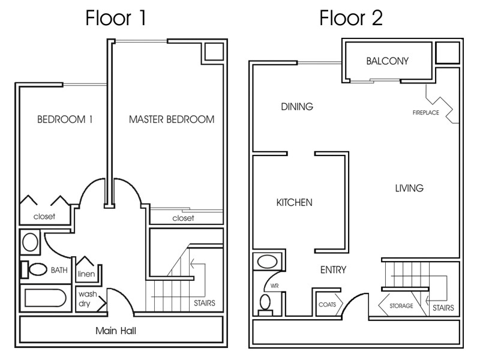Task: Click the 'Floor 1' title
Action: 116,17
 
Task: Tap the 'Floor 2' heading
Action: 351,17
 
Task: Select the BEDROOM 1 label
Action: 65,119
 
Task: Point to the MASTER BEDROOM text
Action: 172,119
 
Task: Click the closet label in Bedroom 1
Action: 44,217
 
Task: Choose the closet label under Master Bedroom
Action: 183,218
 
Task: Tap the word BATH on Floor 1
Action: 59,271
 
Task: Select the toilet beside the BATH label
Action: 38,269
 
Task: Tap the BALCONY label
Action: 387,61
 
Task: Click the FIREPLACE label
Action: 425,112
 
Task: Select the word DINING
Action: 297,107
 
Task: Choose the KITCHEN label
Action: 294,203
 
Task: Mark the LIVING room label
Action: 409,188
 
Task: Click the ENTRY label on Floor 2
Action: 333,270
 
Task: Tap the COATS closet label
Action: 328,304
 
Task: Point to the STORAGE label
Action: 401,306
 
